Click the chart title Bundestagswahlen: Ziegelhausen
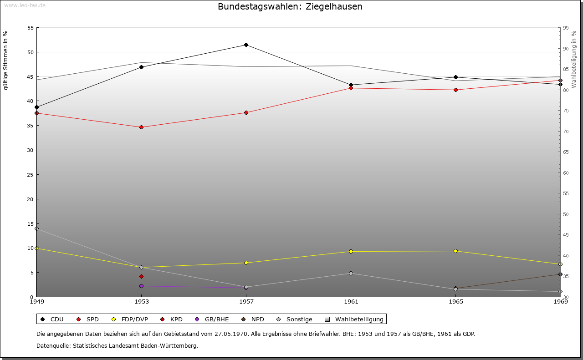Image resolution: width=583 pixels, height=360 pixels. (290, 7)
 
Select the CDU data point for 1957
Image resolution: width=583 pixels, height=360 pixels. (246, 45)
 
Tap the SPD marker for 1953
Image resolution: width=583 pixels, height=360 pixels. (141, 127)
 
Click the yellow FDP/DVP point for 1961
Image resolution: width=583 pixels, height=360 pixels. (351, 251)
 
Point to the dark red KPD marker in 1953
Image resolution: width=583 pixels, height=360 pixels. (141, 276)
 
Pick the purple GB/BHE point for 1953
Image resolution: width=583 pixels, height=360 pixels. (141, 286)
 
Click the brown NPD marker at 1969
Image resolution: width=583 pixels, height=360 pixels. (560, 274)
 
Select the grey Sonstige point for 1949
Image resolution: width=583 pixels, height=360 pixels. (36, 228)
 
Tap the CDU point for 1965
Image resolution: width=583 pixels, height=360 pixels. (455, 77)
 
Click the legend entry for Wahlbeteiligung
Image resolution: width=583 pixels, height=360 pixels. (355, 319)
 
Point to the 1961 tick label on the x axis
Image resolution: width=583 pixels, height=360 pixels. (351, 301)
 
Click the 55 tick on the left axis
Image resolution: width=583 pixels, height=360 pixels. (31, 28)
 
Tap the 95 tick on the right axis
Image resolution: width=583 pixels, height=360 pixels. (566, 28)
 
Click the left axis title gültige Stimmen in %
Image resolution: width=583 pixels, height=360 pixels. (5, 60)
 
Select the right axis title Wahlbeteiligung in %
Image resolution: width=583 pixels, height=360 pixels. (574, 59)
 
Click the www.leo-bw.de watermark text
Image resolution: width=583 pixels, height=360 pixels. (24, 5)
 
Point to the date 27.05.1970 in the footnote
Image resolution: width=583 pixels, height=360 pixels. (231, 334)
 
